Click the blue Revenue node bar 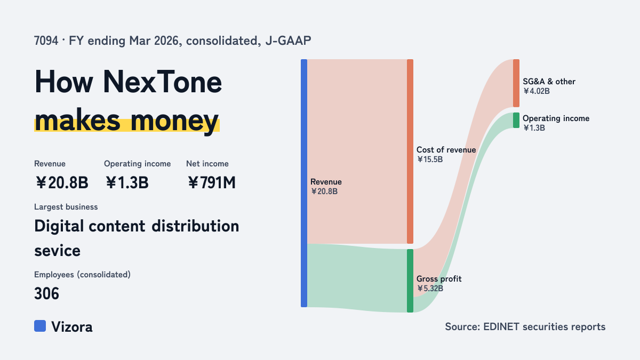pyautogui.click(x=304, y=183)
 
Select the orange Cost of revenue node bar pyautogui.click(x=410, y=151)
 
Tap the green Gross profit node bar pyautogui.click(x=410, y=281)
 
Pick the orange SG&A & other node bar pyautogui.click(x=516, y=83)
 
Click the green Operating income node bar pyautogui.click(x=516, y=121)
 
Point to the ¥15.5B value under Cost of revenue pyautogui.click(x=430, y=159)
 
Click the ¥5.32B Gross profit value pyautogui.click(x=430, y=289)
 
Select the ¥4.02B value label pyautogui.click(x=537, y=91)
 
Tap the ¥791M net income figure pyautogui.click(x=212, y=182)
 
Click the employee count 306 pyautogui.click(x=46, y=293)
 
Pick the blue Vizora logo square pyautogui.click(x=40, y=326)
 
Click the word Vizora pyautogui.click(x=71, y=327)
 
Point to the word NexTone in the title pyautogui.click(x=162, y=82)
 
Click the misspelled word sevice pyautogui.click(x=57, y=251)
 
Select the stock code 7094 pyautogui.click(x=46, y=41)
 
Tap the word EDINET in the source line pyautogui.click(x=501, y=327)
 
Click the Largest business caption pyautogui.click(x=66, y=207)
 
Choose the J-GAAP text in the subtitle pyautogui.click(x=289, y=41)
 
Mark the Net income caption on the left pyautogui.click(x=207, y=164)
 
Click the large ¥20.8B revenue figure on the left pyautogui.click(x=62, y=182)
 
